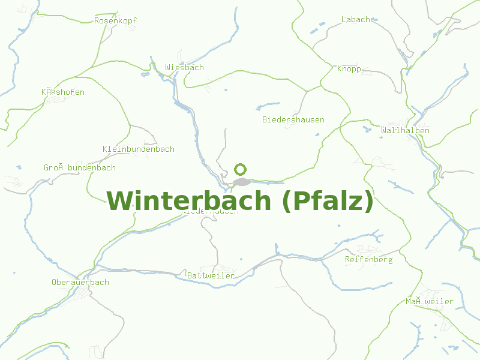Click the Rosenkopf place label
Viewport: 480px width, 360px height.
tap(115, 20)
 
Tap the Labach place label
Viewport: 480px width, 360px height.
tap(356, 20)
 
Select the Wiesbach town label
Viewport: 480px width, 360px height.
tap(184, 68)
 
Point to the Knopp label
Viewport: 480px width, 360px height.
tap(349, 69)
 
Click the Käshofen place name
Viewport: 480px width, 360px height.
tap(62, 92)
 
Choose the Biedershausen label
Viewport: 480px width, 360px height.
tap(293, 120)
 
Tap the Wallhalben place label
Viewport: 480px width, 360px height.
tap(405, 131)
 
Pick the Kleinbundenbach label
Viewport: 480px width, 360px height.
tap(138, 149)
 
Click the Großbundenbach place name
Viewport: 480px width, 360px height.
tap(79, 168)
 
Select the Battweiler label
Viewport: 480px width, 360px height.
tap(211, 276)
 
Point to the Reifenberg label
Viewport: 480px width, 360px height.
tap(368, 260)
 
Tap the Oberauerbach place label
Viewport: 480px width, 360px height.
tap(80, 283)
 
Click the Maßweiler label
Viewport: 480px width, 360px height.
tap(429, 302)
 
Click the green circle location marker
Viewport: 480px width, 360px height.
tap(240, 169)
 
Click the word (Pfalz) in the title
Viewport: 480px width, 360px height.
tap(326, 202)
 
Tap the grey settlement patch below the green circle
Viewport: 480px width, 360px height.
tap(241, 182)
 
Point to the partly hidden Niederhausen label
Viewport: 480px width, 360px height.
tap(210, 212)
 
